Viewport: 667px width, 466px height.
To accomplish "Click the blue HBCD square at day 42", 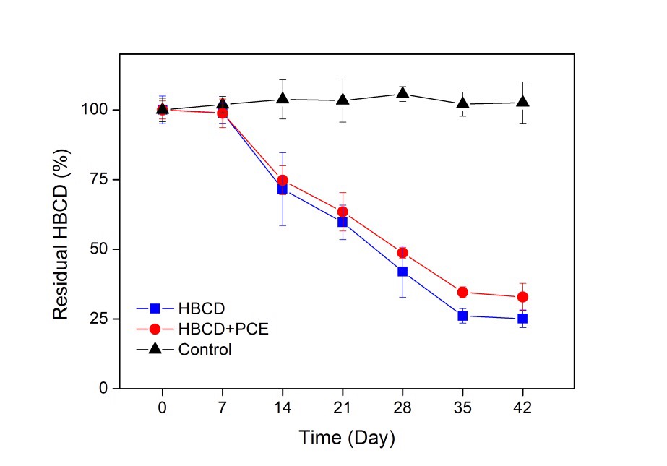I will (522, 319).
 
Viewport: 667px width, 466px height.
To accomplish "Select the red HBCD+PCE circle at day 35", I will (462, 292).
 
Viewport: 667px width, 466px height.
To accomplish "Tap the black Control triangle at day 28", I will (403, 93).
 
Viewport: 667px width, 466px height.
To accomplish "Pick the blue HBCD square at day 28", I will (403, 272).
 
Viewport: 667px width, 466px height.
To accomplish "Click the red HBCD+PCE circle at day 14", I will (283, 180).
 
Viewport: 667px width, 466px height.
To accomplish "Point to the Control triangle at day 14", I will (283, 98).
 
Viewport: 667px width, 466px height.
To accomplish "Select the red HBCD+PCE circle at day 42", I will (522, 297).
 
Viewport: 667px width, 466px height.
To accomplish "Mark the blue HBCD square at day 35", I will (462, 316).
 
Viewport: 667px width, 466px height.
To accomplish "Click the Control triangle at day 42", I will (522, 102).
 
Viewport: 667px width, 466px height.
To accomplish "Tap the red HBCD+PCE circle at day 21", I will (343, 212).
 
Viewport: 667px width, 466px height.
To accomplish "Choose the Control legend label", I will (205, 350).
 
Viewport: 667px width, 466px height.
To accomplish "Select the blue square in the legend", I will (154, 308).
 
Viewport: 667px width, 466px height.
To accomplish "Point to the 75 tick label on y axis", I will (97, 179).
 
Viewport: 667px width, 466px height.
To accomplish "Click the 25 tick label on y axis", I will (97, 319).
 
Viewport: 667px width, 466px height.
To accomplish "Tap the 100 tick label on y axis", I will (94, 110).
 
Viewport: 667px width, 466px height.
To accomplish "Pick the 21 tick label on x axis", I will (343, 407).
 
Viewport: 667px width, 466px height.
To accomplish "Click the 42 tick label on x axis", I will (522, 407).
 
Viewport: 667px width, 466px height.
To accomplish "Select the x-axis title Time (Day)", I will (348, 438).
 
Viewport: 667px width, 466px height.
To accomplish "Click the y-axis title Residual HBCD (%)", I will (61, 250).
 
